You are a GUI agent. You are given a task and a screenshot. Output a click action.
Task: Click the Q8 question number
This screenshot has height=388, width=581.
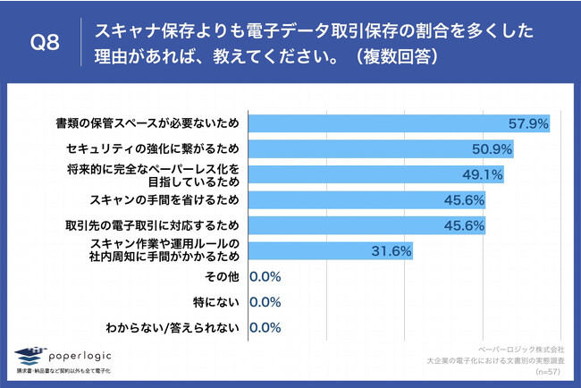(44, 44)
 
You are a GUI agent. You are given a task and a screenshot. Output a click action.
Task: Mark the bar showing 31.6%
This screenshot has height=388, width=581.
(330, 250)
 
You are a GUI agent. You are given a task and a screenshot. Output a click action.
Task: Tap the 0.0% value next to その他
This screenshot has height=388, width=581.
(265, 276)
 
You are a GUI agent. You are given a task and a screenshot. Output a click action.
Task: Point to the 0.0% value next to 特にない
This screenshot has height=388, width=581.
(265, 302)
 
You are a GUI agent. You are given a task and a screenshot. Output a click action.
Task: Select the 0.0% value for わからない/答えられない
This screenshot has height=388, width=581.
(265, 328)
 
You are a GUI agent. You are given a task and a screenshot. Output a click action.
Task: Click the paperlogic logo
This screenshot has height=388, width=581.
(67, 355)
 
